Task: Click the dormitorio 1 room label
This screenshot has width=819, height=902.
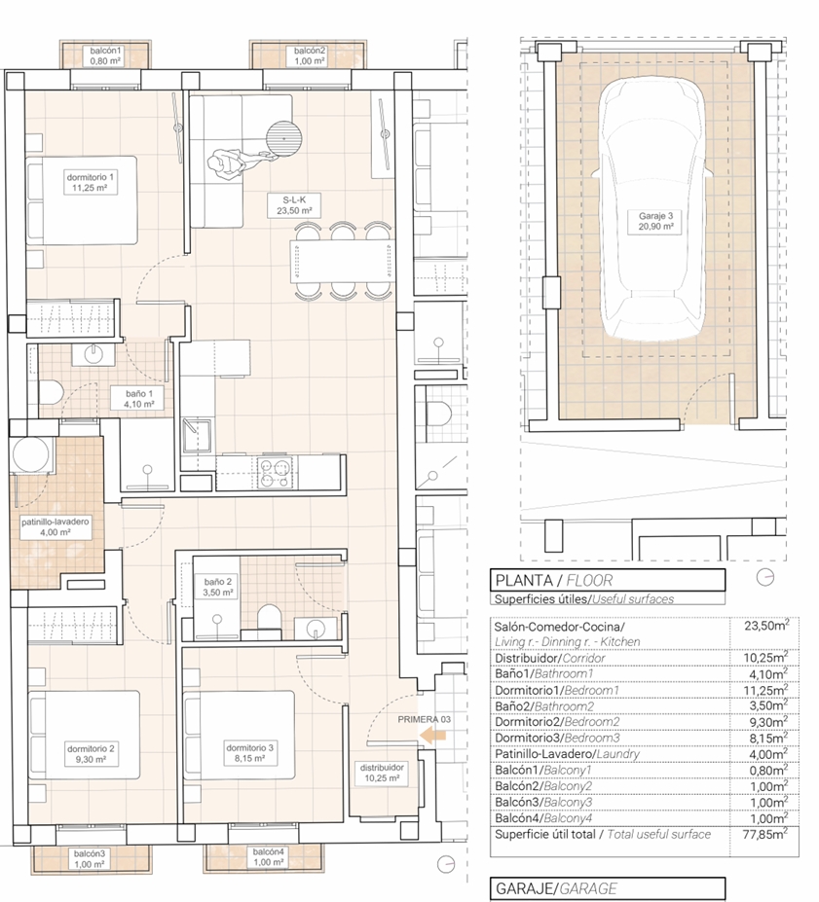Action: (90, 182)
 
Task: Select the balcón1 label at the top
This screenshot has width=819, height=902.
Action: (105, 55)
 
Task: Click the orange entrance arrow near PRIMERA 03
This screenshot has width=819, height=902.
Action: (432, 735)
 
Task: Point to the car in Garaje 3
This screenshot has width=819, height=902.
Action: (653, 210)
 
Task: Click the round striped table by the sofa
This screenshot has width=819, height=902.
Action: (283, 138)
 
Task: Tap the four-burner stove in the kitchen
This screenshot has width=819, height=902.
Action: (275, 472)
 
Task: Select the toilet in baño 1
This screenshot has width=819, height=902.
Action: (51, 394)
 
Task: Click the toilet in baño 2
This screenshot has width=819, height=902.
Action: (268, 620)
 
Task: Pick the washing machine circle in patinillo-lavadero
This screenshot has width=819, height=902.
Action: (31, 455)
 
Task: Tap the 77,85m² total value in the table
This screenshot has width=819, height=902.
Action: (764, 833)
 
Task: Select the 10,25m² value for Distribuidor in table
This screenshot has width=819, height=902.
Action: (765, 657)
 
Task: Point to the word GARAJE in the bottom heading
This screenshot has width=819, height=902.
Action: (524, 888)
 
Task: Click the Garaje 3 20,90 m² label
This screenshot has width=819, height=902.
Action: (655, 222)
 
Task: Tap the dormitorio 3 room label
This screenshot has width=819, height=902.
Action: (249, 753)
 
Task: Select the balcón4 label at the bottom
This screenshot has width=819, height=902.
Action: (268, 856)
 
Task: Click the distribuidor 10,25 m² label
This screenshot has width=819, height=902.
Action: (382, 773)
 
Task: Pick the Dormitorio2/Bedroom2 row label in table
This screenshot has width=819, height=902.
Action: (557, 721)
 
